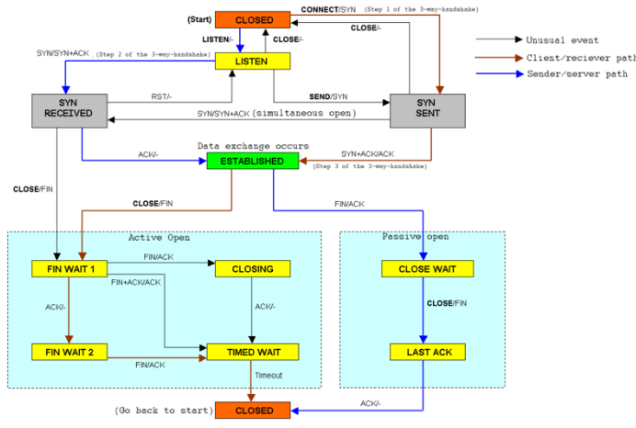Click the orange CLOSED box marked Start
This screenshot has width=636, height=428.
(253, 20)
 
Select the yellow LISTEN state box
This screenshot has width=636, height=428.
(253, 62)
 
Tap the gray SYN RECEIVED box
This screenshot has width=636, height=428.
(69, 110)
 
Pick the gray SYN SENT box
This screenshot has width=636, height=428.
(427, 110)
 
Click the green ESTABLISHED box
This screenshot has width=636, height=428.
(253, 161)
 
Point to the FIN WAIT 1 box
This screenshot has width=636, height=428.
(69, 269)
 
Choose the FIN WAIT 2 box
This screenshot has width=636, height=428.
(69, 352)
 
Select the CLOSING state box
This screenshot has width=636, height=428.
(253, 269)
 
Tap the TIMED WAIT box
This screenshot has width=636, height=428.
(253, 352)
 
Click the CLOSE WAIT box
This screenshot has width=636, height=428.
(427, 269)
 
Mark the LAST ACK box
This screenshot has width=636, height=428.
(427, 352)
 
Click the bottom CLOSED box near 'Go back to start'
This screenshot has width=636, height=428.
(253, 411)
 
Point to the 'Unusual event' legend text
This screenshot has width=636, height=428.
(562, 40)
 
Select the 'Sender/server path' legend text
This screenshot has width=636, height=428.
(577, 73)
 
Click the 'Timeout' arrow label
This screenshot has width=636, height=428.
(268, 376)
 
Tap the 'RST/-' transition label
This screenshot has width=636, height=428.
(162, 96)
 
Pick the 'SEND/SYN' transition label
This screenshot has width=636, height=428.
(328, 96)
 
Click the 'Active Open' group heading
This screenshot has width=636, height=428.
(159, 238)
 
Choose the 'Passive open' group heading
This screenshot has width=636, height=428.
(415, 237)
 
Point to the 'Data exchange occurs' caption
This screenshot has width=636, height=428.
(253, 146)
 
